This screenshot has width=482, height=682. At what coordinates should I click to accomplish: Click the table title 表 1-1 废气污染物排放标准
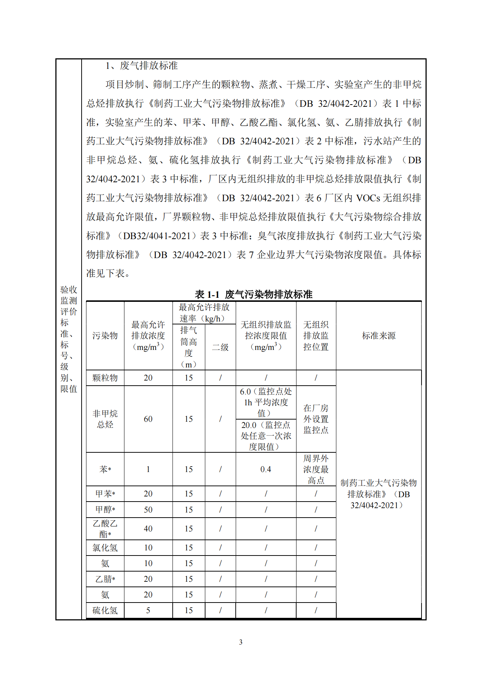254,294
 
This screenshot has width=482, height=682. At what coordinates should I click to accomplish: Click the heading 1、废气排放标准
141,66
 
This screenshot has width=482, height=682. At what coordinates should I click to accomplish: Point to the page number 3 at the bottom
241,642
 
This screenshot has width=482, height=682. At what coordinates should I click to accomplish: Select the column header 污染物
105,335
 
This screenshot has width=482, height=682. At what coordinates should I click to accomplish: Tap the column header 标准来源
379,335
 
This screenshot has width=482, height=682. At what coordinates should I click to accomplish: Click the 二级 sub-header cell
220,347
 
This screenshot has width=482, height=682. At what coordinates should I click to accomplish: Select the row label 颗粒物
105,378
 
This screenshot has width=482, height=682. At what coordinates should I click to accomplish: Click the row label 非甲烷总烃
105,419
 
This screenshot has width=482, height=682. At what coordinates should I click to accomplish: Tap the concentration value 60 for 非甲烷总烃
148,419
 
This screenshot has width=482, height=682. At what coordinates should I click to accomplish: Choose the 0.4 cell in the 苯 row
266,469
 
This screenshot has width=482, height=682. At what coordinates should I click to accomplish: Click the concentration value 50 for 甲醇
148,510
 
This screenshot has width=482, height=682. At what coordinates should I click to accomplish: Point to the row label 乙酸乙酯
105,529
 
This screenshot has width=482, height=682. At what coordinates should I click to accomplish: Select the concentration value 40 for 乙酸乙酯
148,529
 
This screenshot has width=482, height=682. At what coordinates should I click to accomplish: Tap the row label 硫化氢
105,610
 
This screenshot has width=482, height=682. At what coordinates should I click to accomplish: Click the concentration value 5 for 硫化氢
148,610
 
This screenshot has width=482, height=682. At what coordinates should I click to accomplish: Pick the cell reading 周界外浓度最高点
316,469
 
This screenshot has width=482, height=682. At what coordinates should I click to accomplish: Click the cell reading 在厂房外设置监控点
316,419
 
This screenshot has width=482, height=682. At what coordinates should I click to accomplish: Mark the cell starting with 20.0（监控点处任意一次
266,436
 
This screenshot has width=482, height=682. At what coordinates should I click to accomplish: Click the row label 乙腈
105,579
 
